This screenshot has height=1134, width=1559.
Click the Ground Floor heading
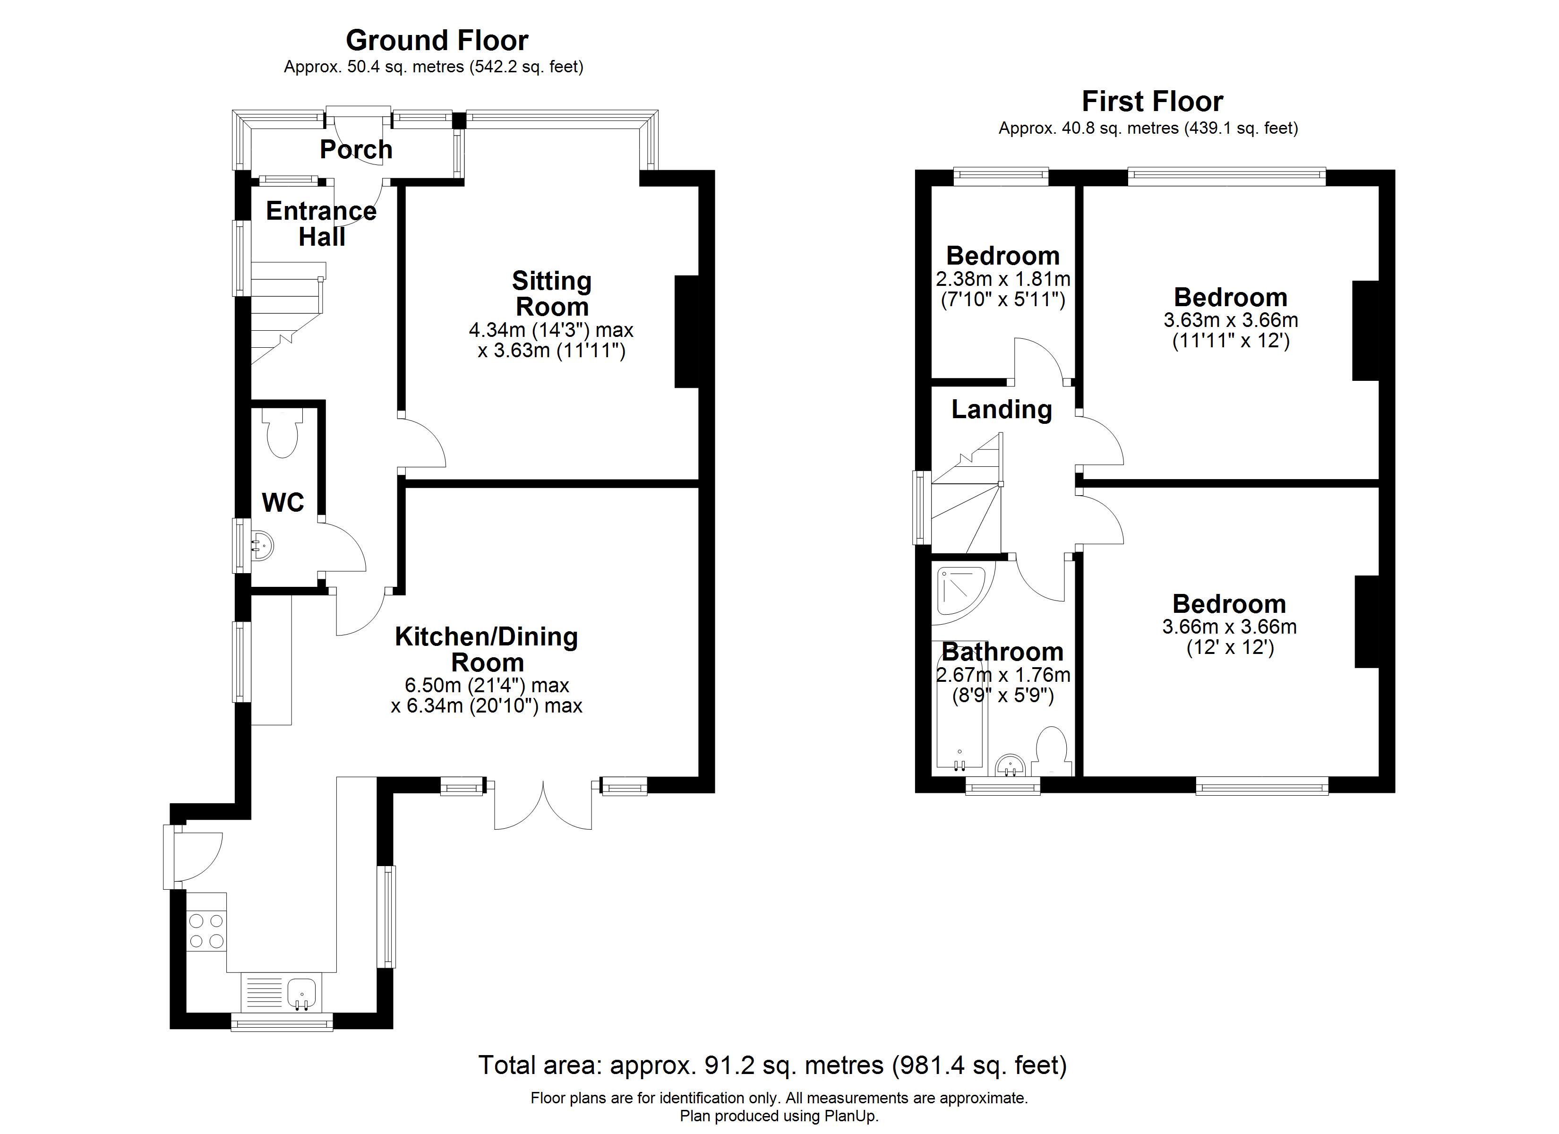coord(437,41)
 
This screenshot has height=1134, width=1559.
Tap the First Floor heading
coord(1152,102)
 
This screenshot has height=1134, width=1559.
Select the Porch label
coord(356,149)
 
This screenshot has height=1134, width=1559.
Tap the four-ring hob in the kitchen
coord(206,930)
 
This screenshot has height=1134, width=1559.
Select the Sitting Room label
coord(552,293)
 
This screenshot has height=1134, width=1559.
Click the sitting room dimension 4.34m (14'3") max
coord(551,330)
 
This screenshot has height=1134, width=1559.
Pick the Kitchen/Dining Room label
coord(487,649)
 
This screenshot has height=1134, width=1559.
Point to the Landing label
coord(1002,410)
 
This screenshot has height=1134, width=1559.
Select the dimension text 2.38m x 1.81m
coord(1003,279)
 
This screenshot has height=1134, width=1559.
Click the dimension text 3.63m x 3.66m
coord(1230,320)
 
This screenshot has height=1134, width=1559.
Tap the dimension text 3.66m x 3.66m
coord(1229,627)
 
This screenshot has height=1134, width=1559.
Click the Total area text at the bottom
coord(772,1065)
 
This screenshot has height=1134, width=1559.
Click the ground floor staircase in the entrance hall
coord(287,313)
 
